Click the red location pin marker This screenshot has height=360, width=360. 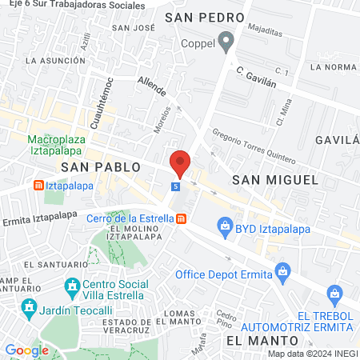coord(180,163)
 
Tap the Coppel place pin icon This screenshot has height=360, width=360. coord(226,40)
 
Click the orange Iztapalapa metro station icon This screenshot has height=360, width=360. coord(38,186)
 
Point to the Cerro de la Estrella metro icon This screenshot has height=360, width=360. coord(182,218)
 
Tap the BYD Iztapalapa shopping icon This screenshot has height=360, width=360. coord(224,227)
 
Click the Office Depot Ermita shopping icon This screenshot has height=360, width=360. coord(282,272)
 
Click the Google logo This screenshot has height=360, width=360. coord(27,350)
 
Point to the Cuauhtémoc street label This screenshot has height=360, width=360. coord(102,103)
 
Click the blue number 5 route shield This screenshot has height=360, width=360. coord(175,186)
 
